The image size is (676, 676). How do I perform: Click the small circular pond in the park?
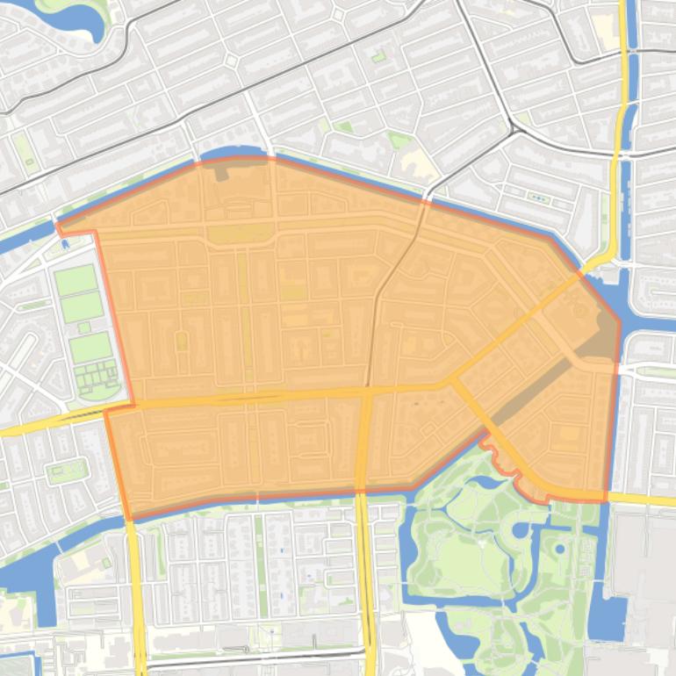pyautogui.click(x=560, y=550)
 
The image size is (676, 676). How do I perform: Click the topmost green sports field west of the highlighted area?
pyautogui.click(x=76, y=280)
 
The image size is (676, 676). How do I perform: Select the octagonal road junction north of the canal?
pyautogui.click(x=231, y=61)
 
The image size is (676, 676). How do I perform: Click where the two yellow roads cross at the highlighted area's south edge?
pyautogui.click(x=361, y=489)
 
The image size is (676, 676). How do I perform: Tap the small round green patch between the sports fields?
pyautogui.click(x=84, y=327)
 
